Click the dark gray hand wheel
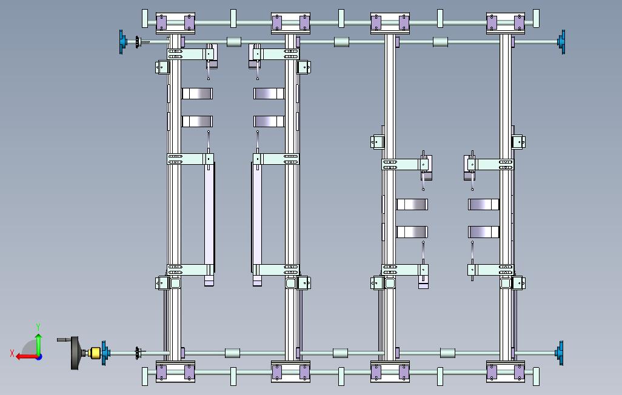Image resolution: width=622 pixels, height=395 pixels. (76, 353)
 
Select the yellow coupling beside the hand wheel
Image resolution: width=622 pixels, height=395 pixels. (94, 353)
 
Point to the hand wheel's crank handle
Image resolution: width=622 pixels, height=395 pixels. (64, 340)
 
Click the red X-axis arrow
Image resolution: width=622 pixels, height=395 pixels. (25, 356)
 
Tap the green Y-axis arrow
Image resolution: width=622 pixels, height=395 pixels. (38, 344)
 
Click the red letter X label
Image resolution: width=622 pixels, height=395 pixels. (12, 353)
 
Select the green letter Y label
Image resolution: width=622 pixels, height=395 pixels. (38, 327)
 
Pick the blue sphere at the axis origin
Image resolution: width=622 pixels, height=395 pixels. (38, 356)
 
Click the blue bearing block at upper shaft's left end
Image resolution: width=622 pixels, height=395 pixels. (122, 42)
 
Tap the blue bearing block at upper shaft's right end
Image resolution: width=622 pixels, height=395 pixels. (562, 41)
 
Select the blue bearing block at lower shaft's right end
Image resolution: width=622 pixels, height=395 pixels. (560, 353)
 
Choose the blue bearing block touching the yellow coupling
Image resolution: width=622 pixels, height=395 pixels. (105, 353)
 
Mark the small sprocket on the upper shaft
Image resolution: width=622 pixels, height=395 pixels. (138, 42)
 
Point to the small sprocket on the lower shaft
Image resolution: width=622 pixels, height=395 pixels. (138, 353)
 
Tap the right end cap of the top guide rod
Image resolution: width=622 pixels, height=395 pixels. (536, 18)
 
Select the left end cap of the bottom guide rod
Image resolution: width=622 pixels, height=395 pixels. (144, 376)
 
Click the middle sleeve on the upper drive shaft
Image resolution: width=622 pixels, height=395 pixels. (341, 42)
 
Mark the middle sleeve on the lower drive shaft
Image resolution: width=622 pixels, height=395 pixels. (340, 353)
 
